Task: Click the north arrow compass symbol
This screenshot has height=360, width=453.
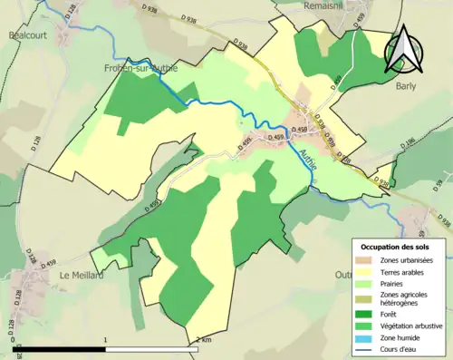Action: [403, 49]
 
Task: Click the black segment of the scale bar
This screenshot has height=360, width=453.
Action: [60, 348]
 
